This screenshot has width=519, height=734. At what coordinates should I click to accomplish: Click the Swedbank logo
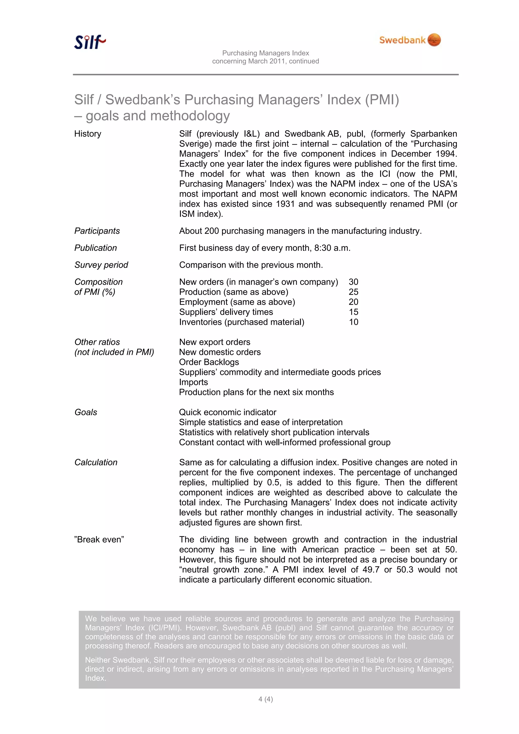pyautogui.click(x=410, y=40)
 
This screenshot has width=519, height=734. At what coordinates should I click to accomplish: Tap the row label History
pyautogui.click(x=88, y=134)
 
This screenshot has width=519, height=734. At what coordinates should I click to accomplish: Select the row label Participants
pyautogui.click(x=97, y=231)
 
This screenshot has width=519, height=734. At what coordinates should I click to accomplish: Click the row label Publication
pyautogui.click(x=95, y=248)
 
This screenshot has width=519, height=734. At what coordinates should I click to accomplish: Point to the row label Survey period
pyautogui.click(x=101, y=265)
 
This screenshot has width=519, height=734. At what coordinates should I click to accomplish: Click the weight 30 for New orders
pyautogui.click(x=353, y=282)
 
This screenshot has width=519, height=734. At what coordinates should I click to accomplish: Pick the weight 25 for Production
pyautogui.click(x=353, y=292)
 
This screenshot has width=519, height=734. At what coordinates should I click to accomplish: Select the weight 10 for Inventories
pyautogui.click(x=353, y=322)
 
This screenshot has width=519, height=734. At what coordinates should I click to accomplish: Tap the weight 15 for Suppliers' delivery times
pyautogui.click(x=353, y=312)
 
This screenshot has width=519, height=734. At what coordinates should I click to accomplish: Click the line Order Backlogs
pyautogui.click(x=209, y=362)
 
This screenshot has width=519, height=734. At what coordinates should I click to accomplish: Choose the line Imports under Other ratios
pyautogui.click(x=193, y=382)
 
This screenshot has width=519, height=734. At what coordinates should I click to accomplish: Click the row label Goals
pyautogui.click(x=86, y=412)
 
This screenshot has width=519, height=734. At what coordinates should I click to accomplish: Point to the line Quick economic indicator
pyautogui.click(x=227, y=412)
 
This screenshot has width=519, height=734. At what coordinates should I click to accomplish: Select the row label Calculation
pyautogui.click(x=96, y=462)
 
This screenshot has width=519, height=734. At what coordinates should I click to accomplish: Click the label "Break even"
pyautogui.click(x=99, y=539)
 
